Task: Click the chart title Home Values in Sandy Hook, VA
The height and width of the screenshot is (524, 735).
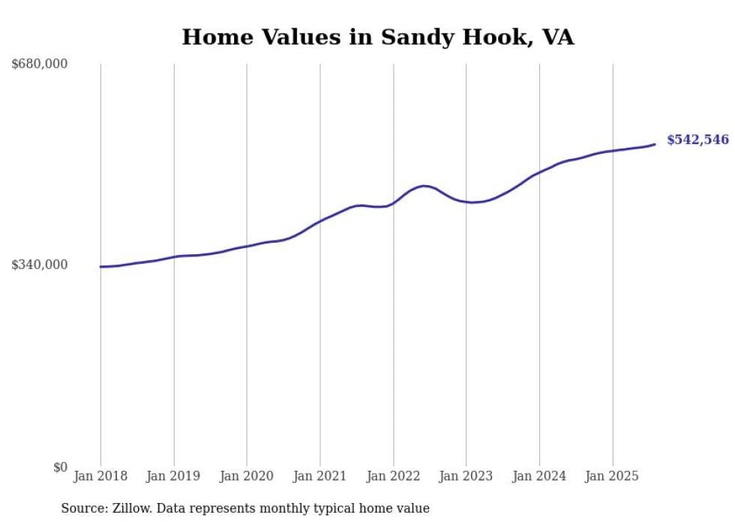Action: point(378,37)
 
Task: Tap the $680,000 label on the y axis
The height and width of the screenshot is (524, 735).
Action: point(40,64)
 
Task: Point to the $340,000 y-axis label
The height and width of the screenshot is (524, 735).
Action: point(40,265)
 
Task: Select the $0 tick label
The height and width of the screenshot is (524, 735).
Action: point(60,467)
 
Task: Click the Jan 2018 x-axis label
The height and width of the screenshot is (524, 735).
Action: point(100,476)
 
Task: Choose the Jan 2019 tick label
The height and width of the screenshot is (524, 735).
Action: point(174,476)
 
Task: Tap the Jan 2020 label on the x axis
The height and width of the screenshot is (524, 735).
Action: point(247,476)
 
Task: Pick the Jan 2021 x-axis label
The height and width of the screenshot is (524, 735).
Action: point(320,476)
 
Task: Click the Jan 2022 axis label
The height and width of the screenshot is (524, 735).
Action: point(393,476)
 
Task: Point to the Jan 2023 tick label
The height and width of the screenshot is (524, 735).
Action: point(466,476)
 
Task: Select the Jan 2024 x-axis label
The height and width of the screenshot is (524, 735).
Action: point(539,476)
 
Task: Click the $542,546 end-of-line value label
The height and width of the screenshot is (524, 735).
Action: point(697,140)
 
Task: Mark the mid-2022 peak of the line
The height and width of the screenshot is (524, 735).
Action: point(424,186)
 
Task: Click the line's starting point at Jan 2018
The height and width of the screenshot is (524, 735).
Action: point(100,267)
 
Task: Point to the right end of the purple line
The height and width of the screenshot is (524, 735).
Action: point(655,144)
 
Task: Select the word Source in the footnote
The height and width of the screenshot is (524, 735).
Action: point(81,508)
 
